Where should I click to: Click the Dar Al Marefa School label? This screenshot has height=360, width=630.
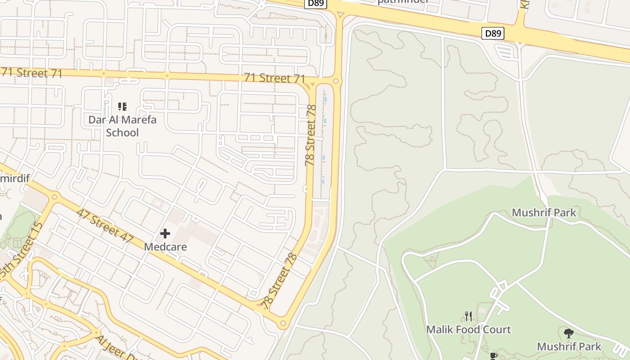pos(122,126)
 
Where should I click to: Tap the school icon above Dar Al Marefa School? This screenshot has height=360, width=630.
pos(122,107)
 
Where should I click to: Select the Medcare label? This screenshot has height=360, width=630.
pos(165,247)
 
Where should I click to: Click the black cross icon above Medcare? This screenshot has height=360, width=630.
pos(165,234)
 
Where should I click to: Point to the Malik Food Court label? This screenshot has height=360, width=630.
pos(468,329)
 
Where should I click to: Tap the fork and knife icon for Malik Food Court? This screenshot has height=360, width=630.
pos(468,316)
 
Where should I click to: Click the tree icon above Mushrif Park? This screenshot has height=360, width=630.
pos(569,333)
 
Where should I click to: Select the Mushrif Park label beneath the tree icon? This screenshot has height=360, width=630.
pos(569,346)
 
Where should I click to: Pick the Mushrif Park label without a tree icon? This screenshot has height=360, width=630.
pos(544,212)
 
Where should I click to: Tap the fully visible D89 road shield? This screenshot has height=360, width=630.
pos(493,33)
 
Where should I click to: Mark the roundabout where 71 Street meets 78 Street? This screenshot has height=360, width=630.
pos(336,81)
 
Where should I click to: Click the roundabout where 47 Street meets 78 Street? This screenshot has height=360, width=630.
pos(283,323)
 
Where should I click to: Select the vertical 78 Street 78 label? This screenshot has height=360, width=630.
pos(310,135)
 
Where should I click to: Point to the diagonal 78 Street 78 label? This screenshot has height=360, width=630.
pos(280,281)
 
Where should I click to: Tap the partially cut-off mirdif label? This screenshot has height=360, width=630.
pos(15,179)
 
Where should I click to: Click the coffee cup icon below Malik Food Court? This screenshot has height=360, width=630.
pos(493,356)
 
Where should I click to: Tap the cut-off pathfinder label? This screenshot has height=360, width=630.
pos(402,2)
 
